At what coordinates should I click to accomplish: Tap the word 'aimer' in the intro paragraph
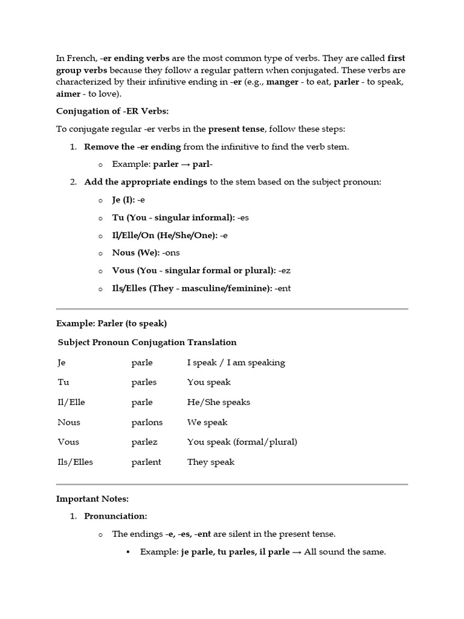click(x=69, y=93)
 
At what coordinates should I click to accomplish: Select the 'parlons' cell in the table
click(x=147, y=422)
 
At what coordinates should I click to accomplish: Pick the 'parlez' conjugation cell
click(x=144, y=442)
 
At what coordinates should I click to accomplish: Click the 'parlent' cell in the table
click(x=146, y=462)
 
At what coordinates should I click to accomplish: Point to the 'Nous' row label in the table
click(x=69, y=422)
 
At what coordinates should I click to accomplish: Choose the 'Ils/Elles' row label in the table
click(x=76, y=462)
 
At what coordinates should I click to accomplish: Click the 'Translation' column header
click(x=212, y=342)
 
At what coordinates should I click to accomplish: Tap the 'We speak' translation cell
click(x=207, y=422)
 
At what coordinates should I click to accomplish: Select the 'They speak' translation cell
click(x=211, y=462)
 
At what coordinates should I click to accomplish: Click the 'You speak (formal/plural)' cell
click(x=242, y=442)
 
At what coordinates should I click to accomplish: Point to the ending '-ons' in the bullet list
click(x=170, y=253)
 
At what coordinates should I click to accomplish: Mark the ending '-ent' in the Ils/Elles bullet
click(x=282, y=288)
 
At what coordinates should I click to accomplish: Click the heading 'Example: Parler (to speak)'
click(x=111, y=323)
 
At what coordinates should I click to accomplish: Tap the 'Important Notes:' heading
click(x=92, y=499)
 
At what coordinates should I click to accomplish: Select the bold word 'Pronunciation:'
click(x=116, y=516)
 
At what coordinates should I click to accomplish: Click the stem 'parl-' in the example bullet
click(x=202, y=164)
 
